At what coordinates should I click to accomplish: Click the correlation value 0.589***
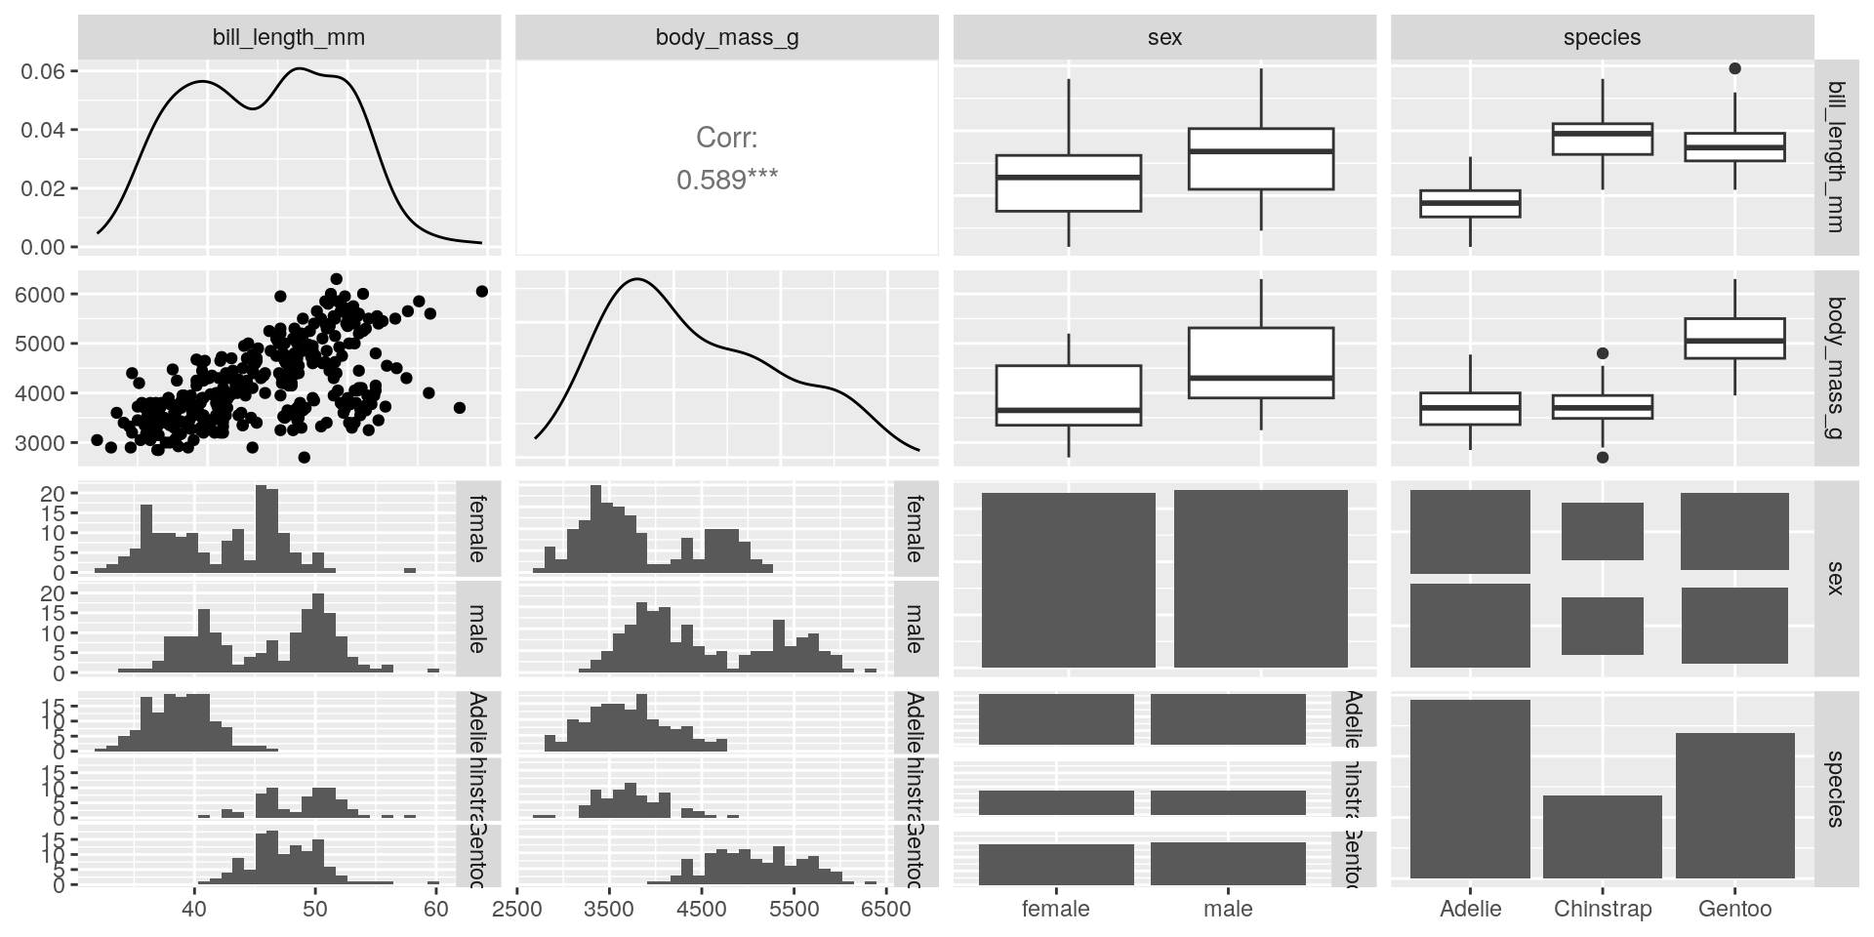727,181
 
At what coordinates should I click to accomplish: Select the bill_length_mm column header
289,38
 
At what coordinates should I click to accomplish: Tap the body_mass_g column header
727,38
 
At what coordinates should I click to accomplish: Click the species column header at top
1602,38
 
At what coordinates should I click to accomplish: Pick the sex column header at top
1164,38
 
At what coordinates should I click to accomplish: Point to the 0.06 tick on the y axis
43,71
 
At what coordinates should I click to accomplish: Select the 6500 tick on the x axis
885,910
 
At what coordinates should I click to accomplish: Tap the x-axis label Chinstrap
1603,910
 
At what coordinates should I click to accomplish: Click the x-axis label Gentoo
1734,910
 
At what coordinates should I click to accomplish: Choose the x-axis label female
1055,910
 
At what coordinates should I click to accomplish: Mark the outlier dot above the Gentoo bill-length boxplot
1734,68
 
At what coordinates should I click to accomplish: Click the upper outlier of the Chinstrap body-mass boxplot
1603,353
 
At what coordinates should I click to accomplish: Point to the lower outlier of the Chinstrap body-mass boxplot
1603,457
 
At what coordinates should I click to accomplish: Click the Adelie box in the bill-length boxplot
1470,203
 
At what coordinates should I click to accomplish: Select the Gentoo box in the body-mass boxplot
1734,339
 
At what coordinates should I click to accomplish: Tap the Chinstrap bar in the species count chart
1603,836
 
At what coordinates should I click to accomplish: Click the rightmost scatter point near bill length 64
481,291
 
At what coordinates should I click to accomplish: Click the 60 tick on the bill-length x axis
435,910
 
